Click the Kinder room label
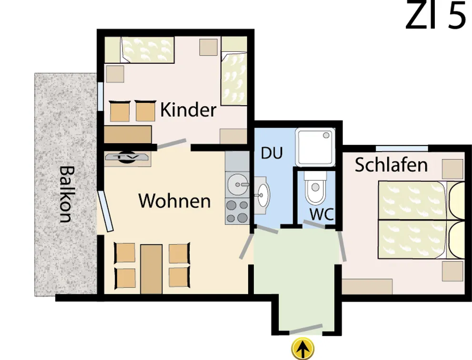tap(188, 110)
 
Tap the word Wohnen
tap(174, 201)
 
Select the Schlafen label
tap(391, 165)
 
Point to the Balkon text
tap(66, 194)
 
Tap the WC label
tap(322, 214)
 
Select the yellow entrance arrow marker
tap(303, 349)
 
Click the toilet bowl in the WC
tap(315, 188)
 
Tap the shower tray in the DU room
tap(315, 148)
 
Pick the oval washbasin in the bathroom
tap(262, 195)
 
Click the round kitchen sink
tap(237, 184)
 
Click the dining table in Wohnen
tap(151, 269)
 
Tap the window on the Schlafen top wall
tap(402, 148)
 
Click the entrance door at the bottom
tap(306, 330)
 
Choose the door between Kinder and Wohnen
tap(172, 144)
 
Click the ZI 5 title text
tap(436, 15)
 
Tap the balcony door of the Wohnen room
tap(105, 210)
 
